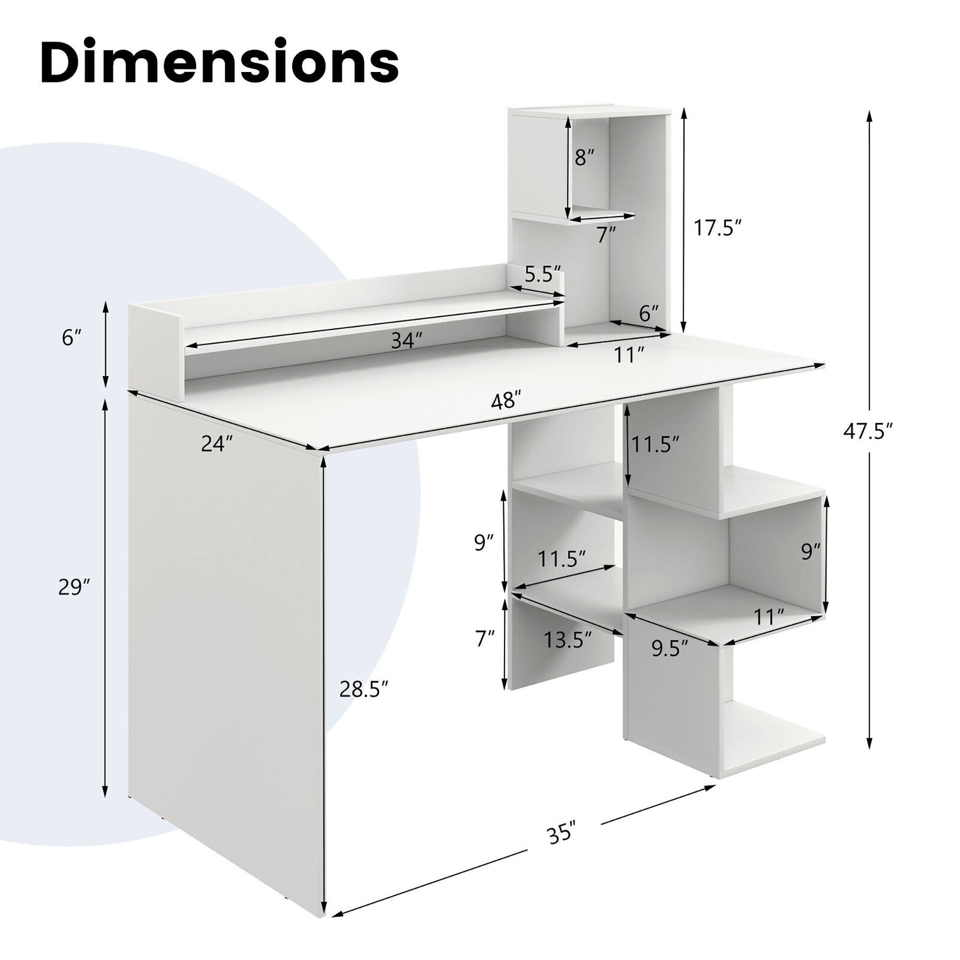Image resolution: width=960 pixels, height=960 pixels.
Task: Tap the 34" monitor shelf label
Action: point(406,341)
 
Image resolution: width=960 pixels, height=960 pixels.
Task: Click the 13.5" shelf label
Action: point(567,639)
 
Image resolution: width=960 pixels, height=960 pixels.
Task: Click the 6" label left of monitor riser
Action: point(71,337)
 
